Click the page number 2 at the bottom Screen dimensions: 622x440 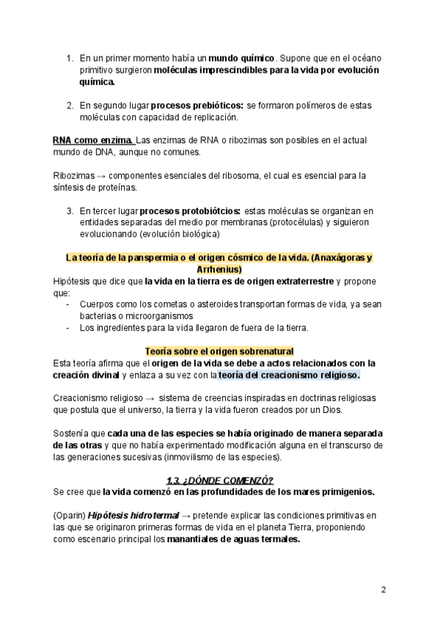383,590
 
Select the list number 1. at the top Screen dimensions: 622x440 70,57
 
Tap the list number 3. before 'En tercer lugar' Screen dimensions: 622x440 70,211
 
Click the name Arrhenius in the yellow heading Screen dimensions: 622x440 219,269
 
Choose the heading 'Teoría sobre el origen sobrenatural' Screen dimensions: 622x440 219,351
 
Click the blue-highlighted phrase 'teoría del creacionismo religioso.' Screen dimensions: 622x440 289,375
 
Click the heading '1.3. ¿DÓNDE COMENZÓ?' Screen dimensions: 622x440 219,480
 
